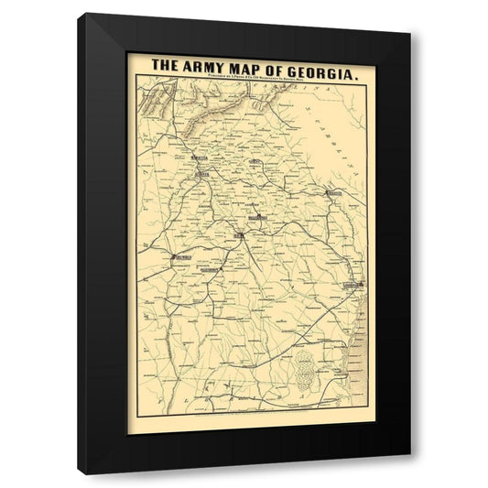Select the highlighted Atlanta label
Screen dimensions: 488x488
pos(201,173)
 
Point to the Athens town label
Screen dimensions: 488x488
pos(255,162)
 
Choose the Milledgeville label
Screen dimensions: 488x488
pos(255,218)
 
